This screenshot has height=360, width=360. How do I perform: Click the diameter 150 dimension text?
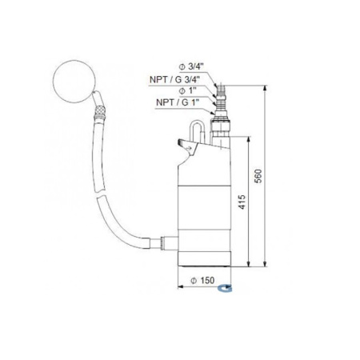(x=206, y=281)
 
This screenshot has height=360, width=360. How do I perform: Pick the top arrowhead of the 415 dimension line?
(x=250, y=138)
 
